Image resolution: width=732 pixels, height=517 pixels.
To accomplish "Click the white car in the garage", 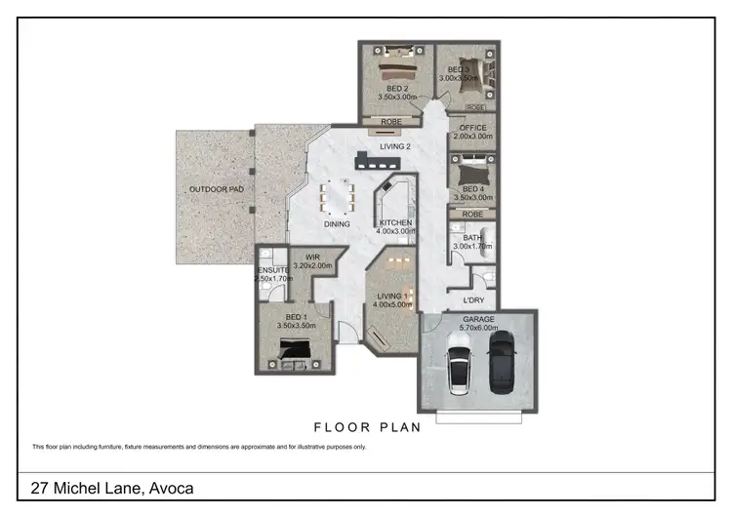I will click(460, 370).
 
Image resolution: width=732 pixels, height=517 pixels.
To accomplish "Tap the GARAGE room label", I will click(478, 319).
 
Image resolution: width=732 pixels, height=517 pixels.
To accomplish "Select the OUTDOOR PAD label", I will click(216, 189).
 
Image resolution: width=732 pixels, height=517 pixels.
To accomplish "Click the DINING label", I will click(337, 224).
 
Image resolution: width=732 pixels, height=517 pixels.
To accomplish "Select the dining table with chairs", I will click(338, 195).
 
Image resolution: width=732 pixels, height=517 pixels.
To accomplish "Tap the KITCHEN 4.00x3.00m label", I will click(395, 228).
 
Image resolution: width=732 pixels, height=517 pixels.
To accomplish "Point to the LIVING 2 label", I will click(396, 147).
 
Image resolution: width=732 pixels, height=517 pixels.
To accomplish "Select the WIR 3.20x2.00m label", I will click(313, 261).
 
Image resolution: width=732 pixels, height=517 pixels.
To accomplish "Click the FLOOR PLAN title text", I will click(366, 426).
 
